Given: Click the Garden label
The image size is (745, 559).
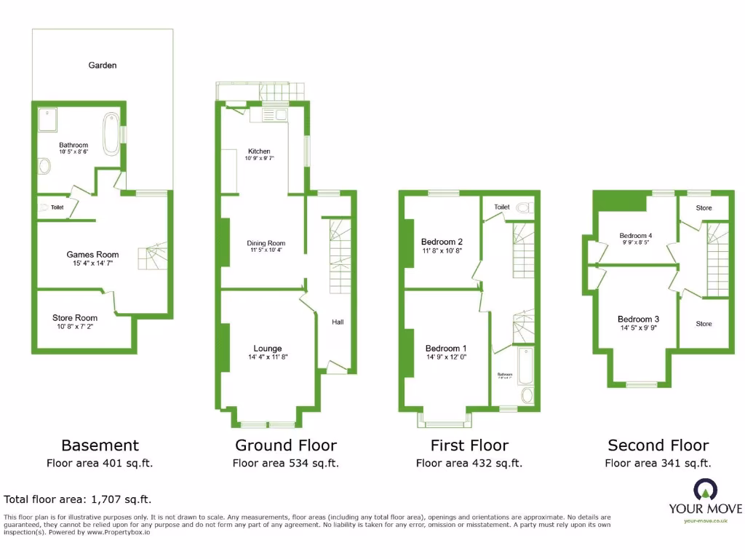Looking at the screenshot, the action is pyautogui.click(x=103, y=66).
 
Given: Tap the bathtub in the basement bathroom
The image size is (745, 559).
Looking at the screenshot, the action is pyautogui.click(x=111, y=128).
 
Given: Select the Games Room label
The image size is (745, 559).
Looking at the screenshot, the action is pyautogui.click(x=92, y=255).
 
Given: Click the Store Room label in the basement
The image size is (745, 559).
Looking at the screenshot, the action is pyautogui.click(x=75, y=318).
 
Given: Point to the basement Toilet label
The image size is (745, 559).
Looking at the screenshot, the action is pyautogui.click(x=57, y=208).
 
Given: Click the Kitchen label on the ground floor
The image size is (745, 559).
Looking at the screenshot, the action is pyautogui.click(x=259, y=151).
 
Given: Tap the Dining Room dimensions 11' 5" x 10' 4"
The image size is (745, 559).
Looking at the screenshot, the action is pyautogui.click(x=266, y=250).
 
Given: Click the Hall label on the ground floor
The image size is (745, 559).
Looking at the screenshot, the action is pyautogui.click(x=338, y=322).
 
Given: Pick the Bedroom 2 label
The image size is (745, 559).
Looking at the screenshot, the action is pyautogui.click(x=442, y=242).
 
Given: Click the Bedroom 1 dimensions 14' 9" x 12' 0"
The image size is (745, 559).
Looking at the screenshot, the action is pyautogui.click(x=445, y=357).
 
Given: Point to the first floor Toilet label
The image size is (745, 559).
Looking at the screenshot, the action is pyautogui.click(x=502, y=207).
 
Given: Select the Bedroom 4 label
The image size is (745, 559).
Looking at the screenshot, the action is pyautogui.click(x=636, y=236).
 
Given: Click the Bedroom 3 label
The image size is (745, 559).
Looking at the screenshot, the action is pyautogui.click(x=638, y=319).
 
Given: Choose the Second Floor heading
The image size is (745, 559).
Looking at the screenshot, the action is pyautogui.click(x=658, y=445).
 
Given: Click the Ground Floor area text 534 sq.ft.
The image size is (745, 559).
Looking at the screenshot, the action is pyautogui.click(x=285, y=463).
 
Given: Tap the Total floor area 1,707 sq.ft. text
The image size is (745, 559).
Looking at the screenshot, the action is pyautogui.click(x=78, y=499).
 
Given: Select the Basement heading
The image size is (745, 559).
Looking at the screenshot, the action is pyautogui.click(x=100, y=445).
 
